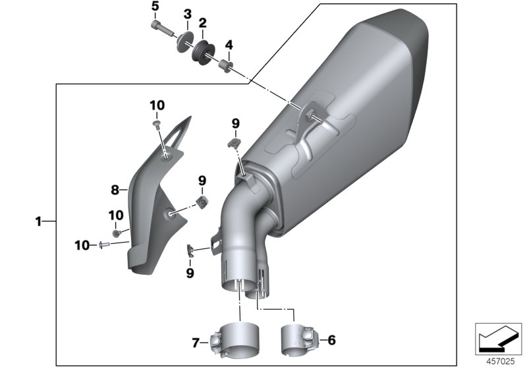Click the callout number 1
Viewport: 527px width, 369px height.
(38, 222)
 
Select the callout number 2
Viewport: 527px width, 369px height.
(202, 23)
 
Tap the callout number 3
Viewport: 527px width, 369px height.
(187, 14)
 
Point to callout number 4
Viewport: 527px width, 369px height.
(229, 45)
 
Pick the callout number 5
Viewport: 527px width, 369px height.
(155, 7)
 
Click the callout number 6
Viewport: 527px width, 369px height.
(331, 340)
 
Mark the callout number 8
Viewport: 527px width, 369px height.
(114, 189)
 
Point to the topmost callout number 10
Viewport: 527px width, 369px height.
(157, 105)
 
